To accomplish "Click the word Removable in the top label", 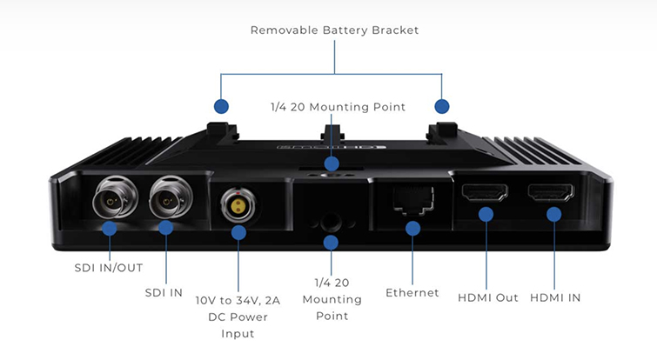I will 283,30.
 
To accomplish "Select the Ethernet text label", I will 412,293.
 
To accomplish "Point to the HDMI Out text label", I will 487,298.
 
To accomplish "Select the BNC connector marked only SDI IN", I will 166,202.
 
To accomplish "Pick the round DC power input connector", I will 236,206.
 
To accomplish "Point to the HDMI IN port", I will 551,193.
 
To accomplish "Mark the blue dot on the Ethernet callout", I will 412,229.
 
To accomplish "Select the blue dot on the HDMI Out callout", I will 486,214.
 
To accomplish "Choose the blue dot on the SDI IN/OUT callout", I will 109,229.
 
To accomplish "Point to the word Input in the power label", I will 238,333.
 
